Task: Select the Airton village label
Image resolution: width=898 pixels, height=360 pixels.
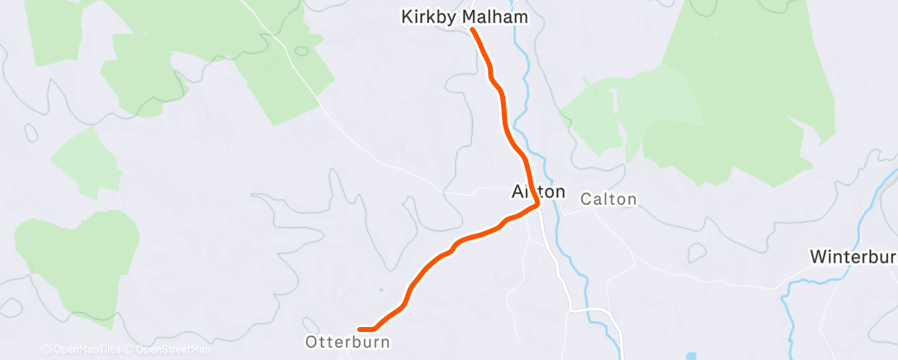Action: pos(538,192)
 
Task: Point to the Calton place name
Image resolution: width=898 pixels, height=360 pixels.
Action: pos(608,199)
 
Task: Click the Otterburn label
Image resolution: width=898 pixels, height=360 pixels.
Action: pos(347,341)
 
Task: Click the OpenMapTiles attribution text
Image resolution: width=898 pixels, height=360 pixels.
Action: pos(83,349)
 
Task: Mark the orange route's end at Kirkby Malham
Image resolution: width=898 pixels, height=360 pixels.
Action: pos(473,30)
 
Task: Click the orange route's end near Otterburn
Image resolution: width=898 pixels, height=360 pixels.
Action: pos(360,329)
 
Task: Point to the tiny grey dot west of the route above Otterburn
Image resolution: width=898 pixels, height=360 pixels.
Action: pos(380,290)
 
